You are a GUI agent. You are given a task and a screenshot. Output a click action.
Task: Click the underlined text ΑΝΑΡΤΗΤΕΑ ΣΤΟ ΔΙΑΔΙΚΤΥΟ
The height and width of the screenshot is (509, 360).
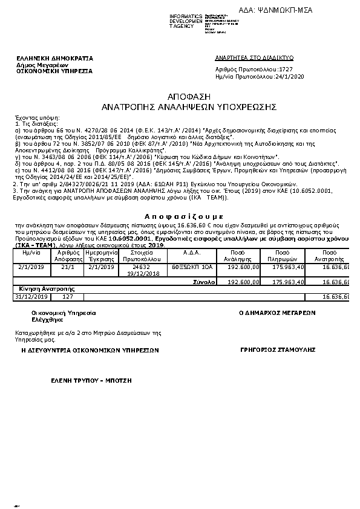[x=254, y=57]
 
